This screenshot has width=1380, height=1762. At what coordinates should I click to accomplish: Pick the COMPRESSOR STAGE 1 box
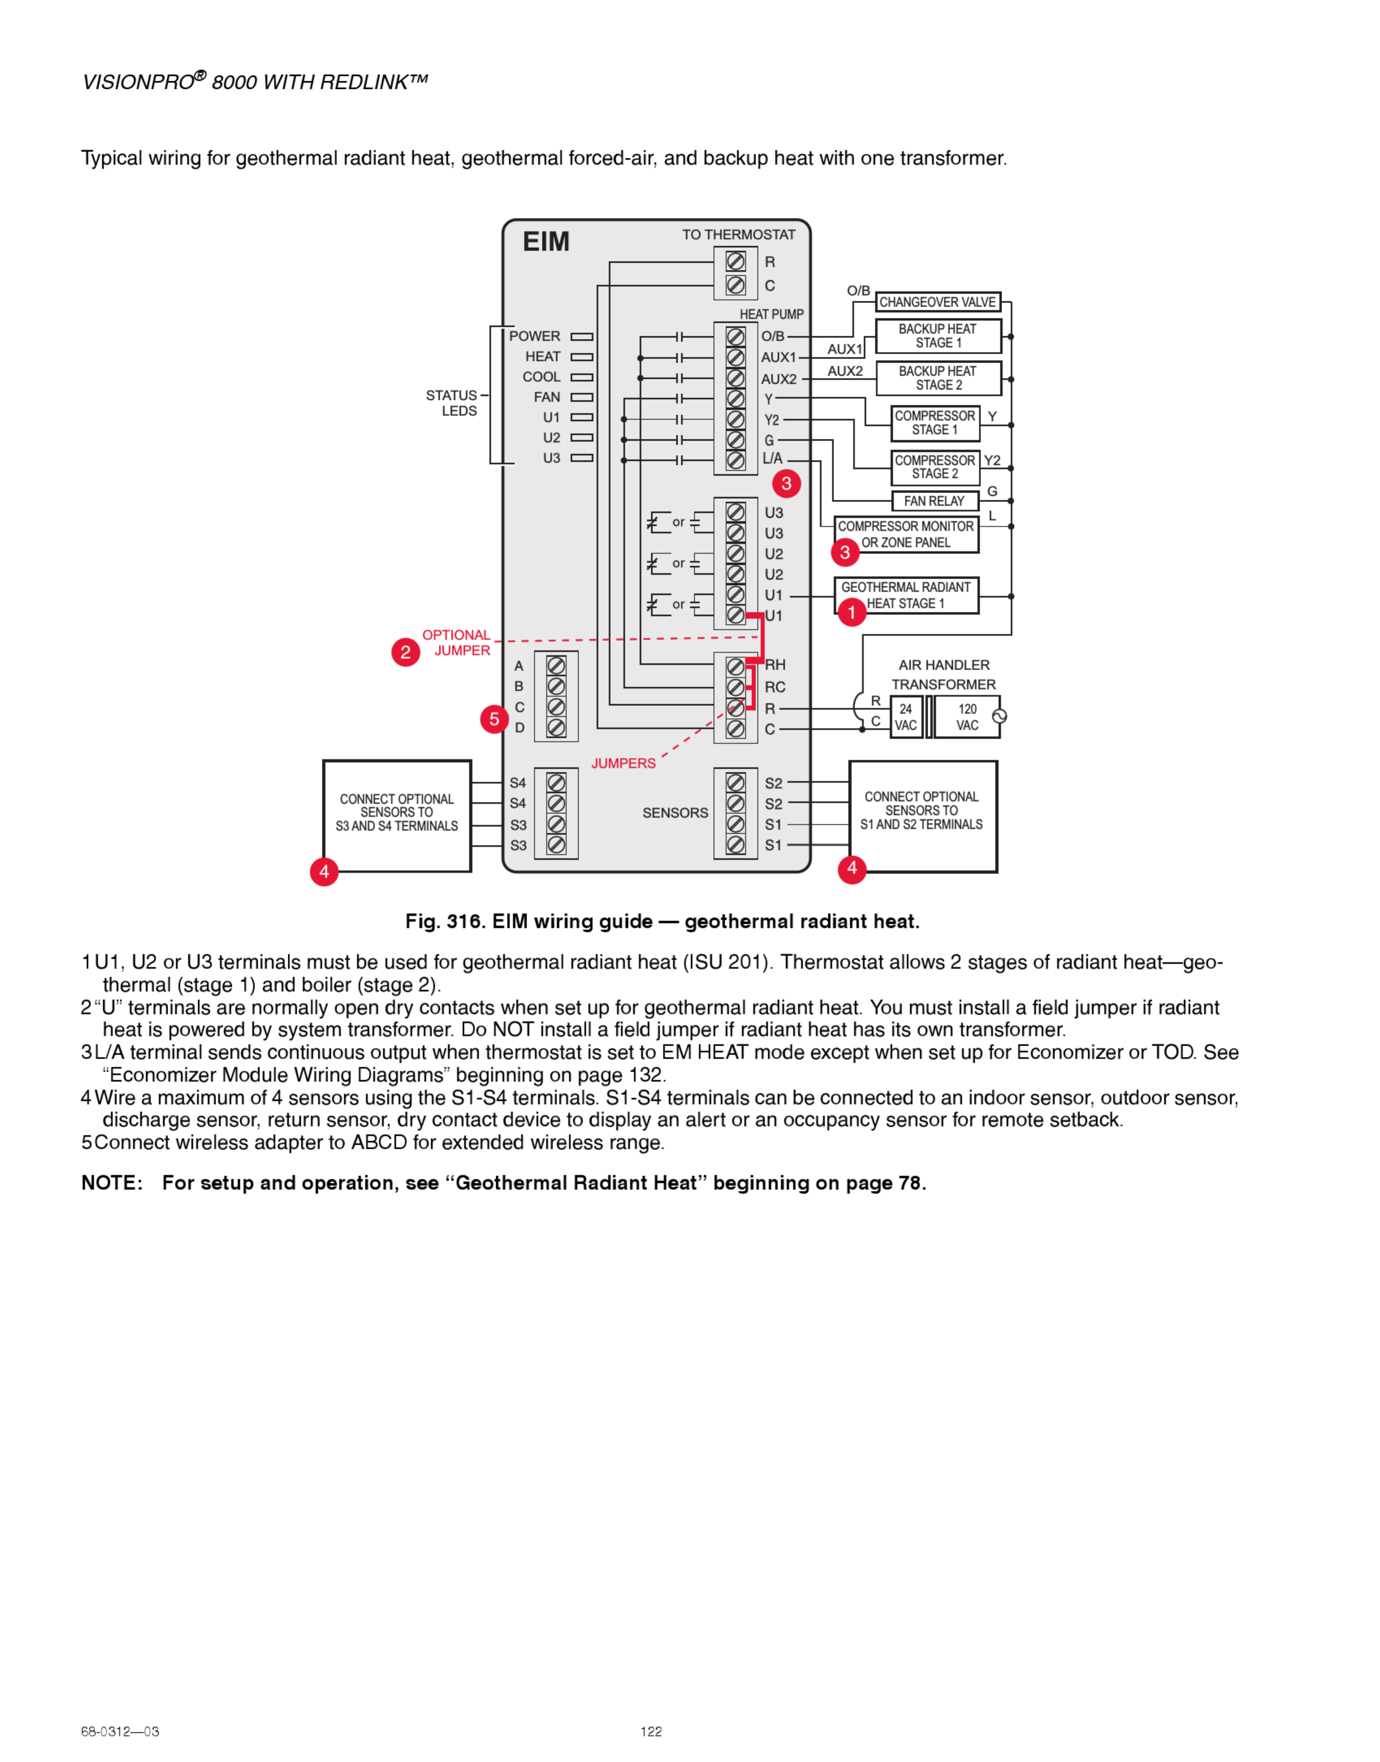tap(935, 423)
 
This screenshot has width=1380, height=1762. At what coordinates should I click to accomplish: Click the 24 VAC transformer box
tap(906, 717)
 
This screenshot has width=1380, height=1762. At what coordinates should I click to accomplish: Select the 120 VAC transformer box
tap(967, 717)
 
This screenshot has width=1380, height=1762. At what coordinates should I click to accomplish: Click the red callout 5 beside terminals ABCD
tap(494, 719)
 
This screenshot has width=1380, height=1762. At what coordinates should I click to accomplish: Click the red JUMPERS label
tap(623, 763)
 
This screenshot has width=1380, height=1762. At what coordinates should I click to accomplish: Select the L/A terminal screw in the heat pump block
tap(735, 460)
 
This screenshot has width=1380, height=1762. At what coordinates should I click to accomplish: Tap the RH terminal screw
tap(735, 667)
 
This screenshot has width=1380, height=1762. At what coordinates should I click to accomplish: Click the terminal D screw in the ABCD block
tap(556, 728)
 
